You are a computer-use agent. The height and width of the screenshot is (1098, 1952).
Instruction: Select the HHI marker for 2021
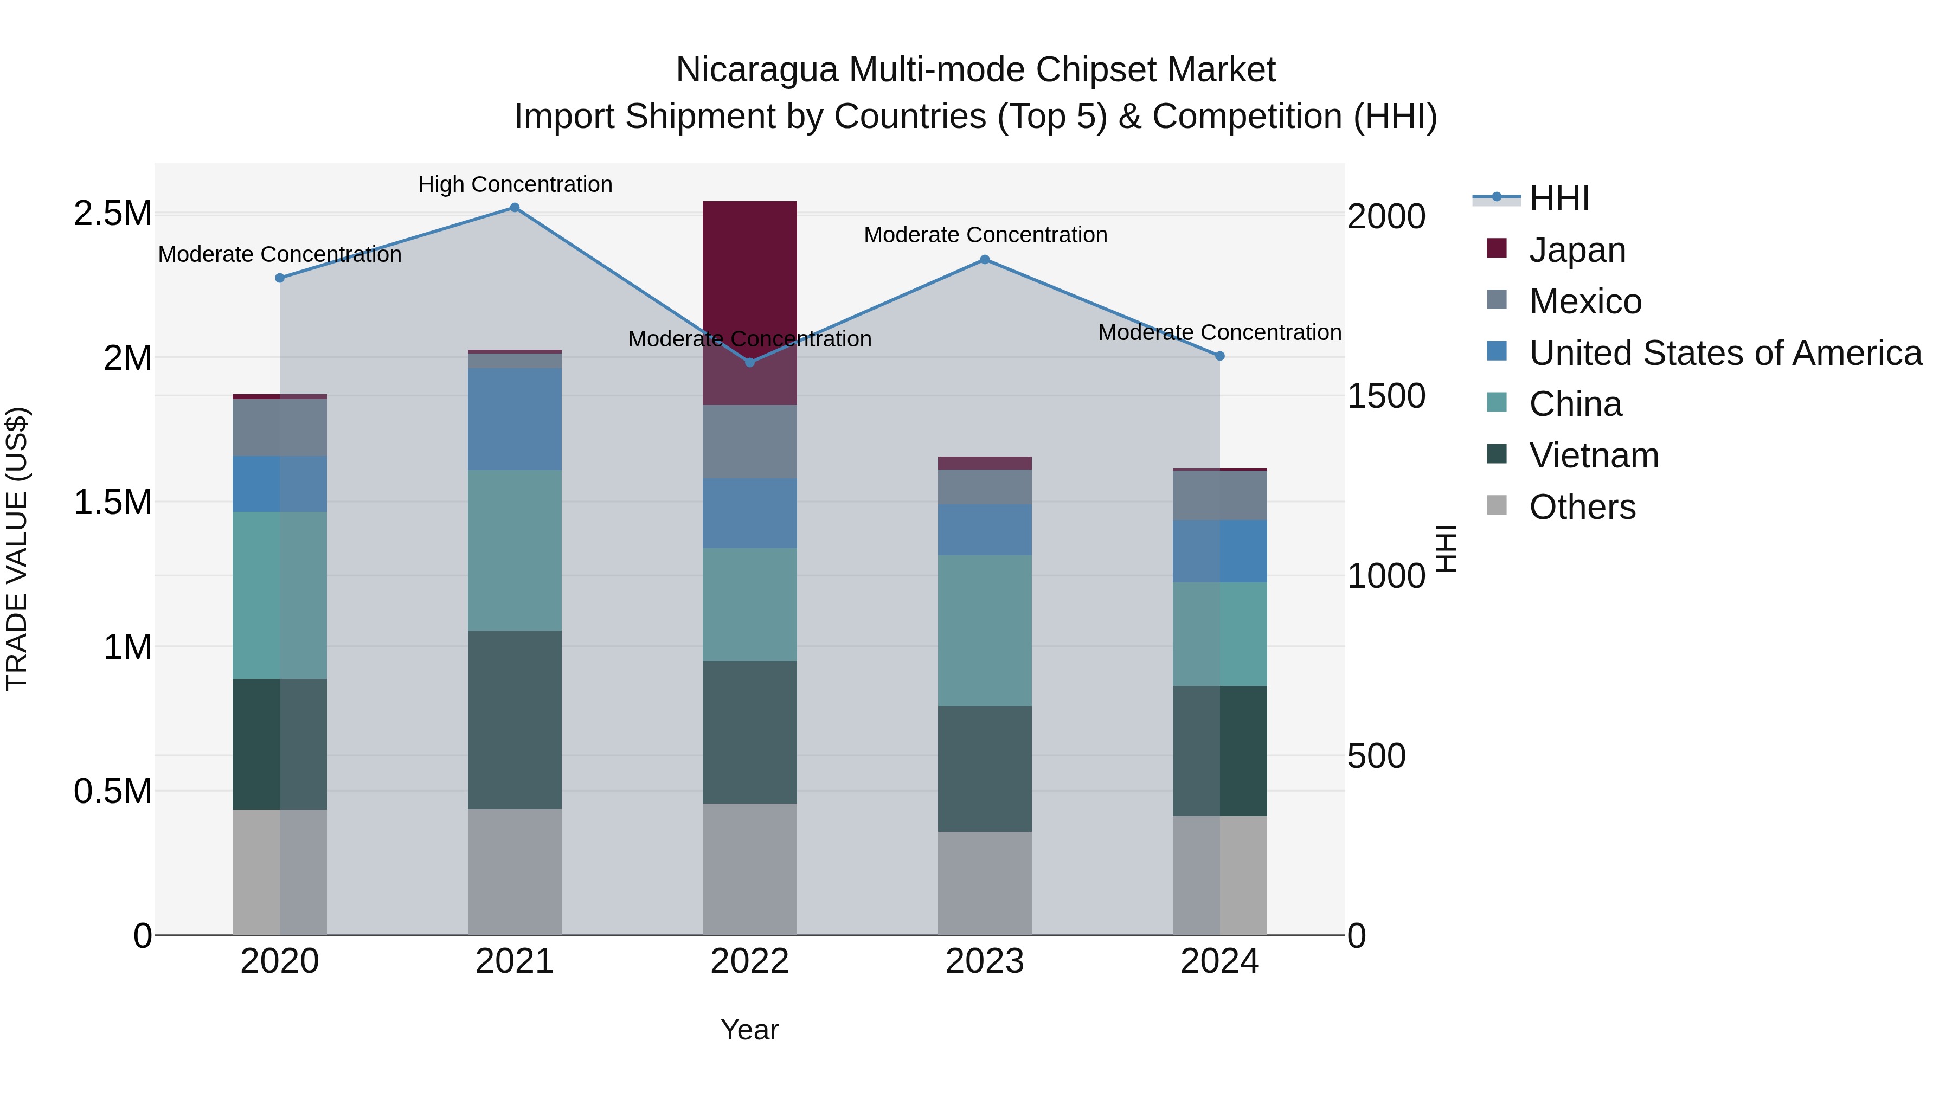(x=515, y=208)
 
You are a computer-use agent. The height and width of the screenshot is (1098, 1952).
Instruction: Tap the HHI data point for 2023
(x=984, y=259)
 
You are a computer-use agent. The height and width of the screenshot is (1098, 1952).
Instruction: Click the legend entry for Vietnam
(x=1593, y=455)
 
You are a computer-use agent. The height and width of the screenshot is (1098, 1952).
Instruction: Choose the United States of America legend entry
(x=1725, y=353)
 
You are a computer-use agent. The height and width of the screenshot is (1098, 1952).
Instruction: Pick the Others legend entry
(x=1582, y=507)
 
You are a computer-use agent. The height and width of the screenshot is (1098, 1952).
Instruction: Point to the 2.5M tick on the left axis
(x=112, y=214)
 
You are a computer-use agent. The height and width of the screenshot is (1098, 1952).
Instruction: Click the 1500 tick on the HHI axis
(x=1386, y=396)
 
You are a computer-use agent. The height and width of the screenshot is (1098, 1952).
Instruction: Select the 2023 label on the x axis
(x=984, y=961)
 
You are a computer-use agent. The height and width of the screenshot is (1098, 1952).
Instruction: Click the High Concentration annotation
(x=515, y=184)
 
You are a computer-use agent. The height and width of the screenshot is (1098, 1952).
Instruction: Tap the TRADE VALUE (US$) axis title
(x=17, y=549)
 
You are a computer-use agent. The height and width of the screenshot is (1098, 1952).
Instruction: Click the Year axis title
(x=749, y=1030)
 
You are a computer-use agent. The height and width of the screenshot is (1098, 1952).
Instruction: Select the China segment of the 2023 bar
(x=984, y=631)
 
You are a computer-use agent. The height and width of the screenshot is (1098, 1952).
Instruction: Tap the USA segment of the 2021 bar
(x=515, y=419)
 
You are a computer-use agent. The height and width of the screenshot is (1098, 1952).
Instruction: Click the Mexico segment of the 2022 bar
(x=749, y=442)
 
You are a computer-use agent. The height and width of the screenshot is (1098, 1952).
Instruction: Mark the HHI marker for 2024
(x=1219, y=355)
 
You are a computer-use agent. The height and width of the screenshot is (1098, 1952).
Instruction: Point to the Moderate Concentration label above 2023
(x=985, y=235)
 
